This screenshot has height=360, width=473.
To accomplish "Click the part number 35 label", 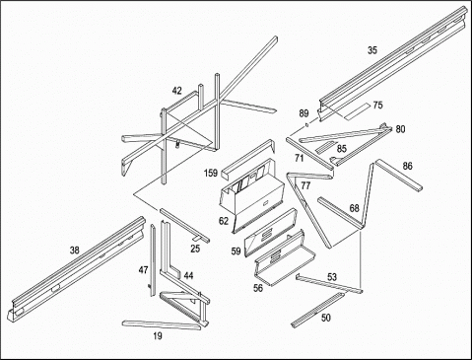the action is click(372, 50).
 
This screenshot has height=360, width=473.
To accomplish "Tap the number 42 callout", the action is click(176, 91).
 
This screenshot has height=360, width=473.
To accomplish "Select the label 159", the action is click(211, 173).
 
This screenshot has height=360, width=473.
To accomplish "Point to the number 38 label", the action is click(75, 251).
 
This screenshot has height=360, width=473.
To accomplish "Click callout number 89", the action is click(304, 113).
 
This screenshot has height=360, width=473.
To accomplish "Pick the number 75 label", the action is click(377, 106).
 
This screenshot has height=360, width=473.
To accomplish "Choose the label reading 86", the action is click(407, 166).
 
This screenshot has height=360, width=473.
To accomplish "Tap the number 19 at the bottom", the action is click(158, 336).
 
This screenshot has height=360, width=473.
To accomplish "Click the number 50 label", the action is click(326, 318).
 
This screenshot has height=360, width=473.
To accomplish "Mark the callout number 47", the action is click(143, 270).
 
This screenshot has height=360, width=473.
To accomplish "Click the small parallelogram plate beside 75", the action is click(358, 111).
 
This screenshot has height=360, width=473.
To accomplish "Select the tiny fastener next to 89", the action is click(306, 124).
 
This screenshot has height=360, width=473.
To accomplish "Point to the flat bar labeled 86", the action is click(399, 175).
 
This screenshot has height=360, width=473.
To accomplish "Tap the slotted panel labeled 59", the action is click(270, 233).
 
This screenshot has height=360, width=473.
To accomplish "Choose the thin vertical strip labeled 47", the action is click(153, 260).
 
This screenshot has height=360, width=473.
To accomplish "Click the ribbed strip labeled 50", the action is click(317, 310).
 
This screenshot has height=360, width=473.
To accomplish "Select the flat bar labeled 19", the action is click(161, 324).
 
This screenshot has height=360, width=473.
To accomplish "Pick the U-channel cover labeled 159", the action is click(248, 160).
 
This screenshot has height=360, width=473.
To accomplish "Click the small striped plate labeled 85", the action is click(326, 147).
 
